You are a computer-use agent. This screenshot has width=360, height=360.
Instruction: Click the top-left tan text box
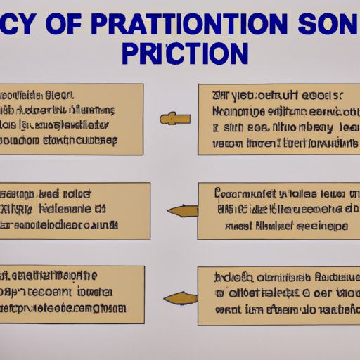[x=71, y=120]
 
